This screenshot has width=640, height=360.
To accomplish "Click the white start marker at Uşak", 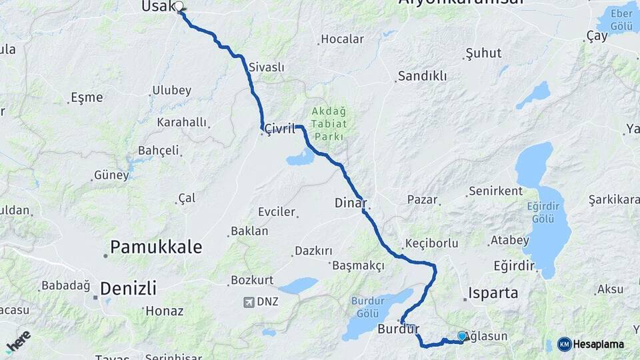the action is pyautogui.click(x=179, y=7).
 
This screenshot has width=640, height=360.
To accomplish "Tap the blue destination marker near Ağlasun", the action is pyautogui.click(x=462, y=337).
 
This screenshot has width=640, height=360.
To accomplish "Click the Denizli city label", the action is pyautogui.click(x=128, y=289).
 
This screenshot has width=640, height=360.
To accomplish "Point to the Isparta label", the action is pyautogui.click(x=493, y=293).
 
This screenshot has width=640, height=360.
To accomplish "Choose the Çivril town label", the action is pyautogui.click(x=279, y=129).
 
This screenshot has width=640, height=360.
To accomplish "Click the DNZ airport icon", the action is pyautogui.click(x=249, y=302).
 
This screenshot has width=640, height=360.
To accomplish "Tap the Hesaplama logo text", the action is pyautogui.click(x=598, y=344).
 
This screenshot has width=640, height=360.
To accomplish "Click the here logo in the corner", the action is pyautogui.click(x=18, y=341).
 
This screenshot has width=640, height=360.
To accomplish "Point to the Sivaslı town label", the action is pyautogui.click(x=266, y=67).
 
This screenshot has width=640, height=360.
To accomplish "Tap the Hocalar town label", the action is pyautogui.click(x=342, y=39).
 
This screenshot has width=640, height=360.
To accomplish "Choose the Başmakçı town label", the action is pyautogui.click(x=358, y=266).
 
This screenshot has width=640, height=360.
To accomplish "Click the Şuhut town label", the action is pyautogui.click(x=484, y=52).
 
